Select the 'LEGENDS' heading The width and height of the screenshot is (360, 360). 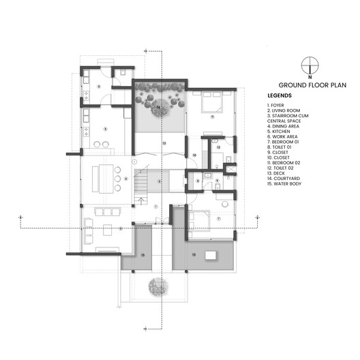tap(280, 95)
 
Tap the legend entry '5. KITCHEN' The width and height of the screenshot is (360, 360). tap(280, 131)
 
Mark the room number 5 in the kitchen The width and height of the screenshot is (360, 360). tap(106, 129)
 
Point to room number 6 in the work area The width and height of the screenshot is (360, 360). tap(100, 87)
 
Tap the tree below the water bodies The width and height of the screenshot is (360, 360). tap(156, 288)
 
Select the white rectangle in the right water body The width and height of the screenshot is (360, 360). tap(211, 255)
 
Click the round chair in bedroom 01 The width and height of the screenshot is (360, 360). tap(225, 202)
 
